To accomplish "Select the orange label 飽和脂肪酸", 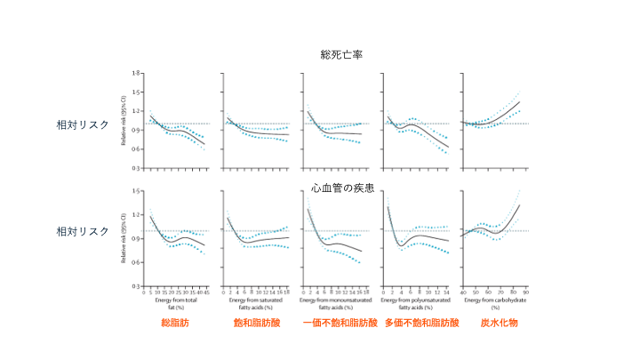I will (257, 323).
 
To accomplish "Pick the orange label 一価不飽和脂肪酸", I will (340, 323).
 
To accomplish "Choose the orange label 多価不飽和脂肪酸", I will (421, 323).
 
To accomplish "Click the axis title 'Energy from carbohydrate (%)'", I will (494, 302).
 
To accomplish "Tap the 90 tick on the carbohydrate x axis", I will (525, 291).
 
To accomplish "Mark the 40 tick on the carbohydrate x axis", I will (463, 291).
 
